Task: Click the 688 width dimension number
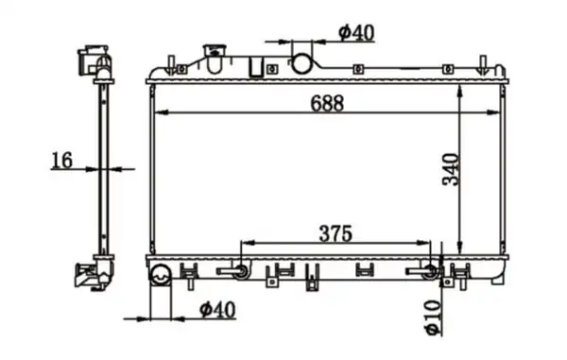point(327,103)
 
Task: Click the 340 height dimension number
point(450,169)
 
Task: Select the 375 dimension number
point(335,233)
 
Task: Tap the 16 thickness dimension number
point(61,160)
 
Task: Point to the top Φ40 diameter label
point(356,33)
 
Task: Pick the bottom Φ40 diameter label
point(217,309)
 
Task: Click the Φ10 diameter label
point(433,317)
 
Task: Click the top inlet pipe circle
point(301,63)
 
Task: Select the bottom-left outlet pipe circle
point(161,275)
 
